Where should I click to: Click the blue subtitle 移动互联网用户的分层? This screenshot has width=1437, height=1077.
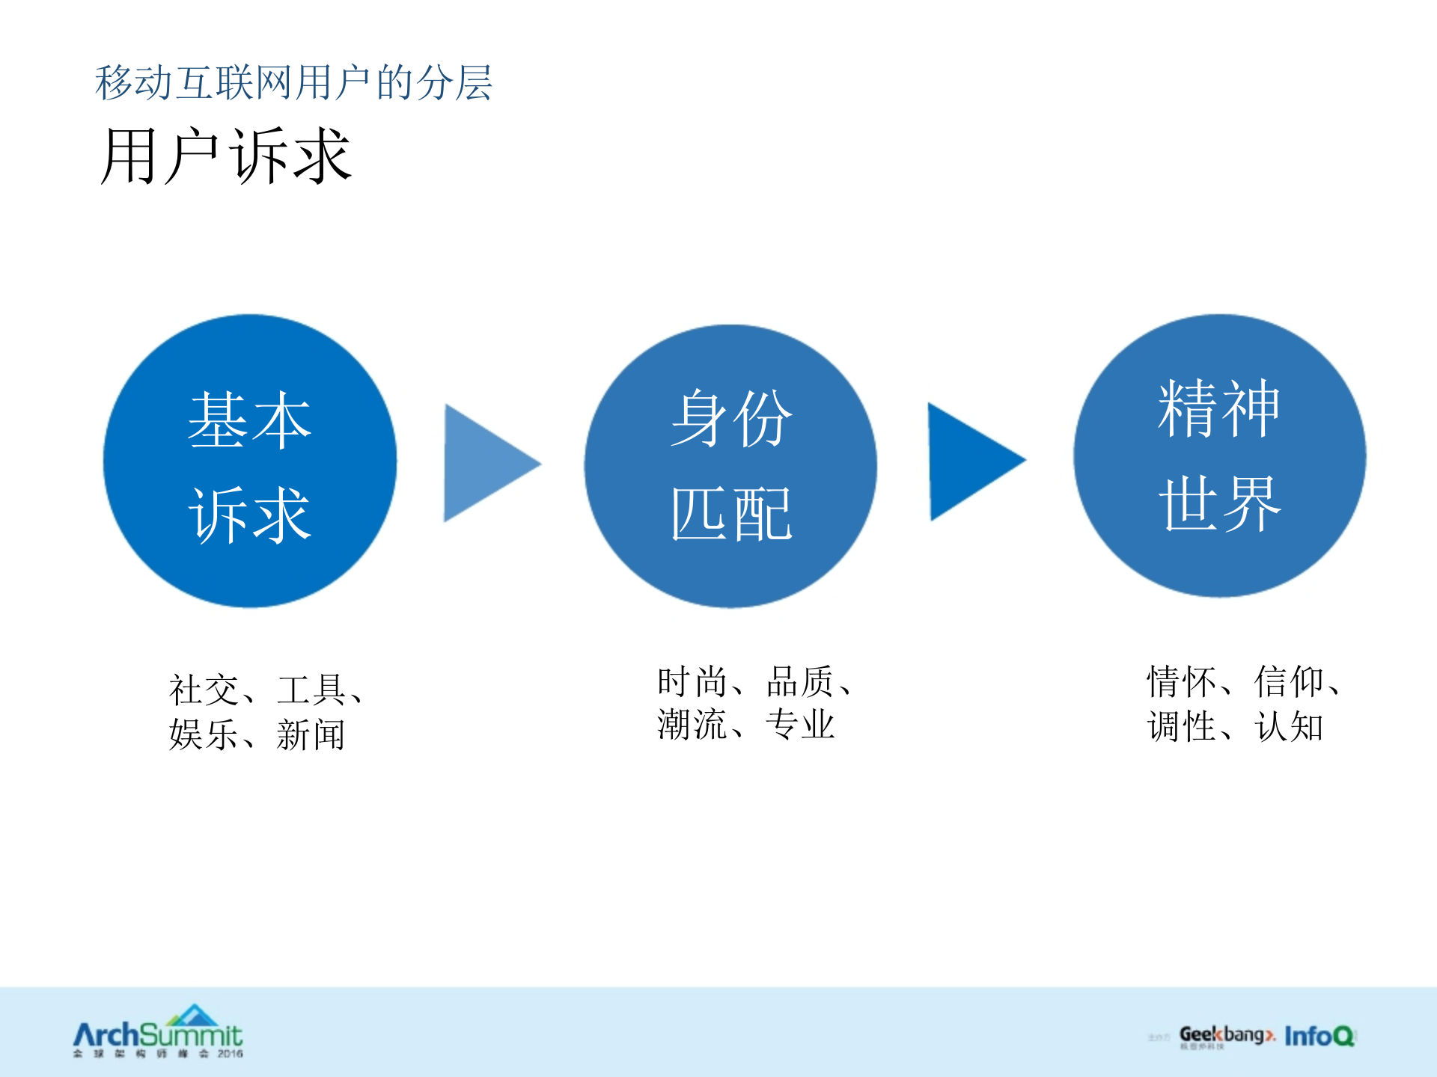point(293,82)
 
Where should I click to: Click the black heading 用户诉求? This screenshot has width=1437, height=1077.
point(226,156)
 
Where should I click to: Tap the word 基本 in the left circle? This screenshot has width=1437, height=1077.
point(249,420)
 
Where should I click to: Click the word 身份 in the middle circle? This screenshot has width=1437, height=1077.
point(731,419)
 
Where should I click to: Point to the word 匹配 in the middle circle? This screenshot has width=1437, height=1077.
point(731,514)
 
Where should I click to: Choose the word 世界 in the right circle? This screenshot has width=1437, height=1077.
point(1219,504)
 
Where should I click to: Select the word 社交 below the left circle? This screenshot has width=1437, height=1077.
point(204,690)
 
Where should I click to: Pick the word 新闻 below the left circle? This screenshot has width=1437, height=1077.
point(311,734)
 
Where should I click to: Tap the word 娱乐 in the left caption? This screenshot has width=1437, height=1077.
point(204,734)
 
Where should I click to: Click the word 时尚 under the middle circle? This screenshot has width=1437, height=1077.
point(692,681)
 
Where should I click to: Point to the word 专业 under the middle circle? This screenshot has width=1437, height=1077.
point(800,724)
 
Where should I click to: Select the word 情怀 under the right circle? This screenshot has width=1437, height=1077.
point(1181,681)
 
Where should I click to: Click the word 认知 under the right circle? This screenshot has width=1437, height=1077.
point(1289,726)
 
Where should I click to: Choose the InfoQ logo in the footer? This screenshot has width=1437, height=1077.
point(1319,1036)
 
